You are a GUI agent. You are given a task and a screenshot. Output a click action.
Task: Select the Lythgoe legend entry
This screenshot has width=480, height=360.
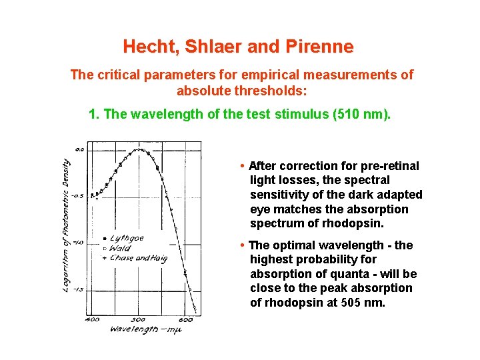pyautogui.click(x=127, y=238)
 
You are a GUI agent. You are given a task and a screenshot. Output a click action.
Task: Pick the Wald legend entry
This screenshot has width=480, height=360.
pyautogui.click(x=120, y=248)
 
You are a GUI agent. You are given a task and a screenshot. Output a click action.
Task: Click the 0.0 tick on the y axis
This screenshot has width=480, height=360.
pyautogui.click(x=79, y=149)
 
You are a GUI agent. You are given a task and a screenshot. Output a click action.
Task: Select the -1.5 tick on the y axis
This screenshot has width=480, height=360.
pyautogui.click(x=79, y=289)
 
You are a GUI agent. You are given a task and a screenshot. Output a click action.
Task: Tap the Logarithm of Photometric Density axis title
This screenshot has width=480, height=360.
pyautogui.click(x=67, y=227)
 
